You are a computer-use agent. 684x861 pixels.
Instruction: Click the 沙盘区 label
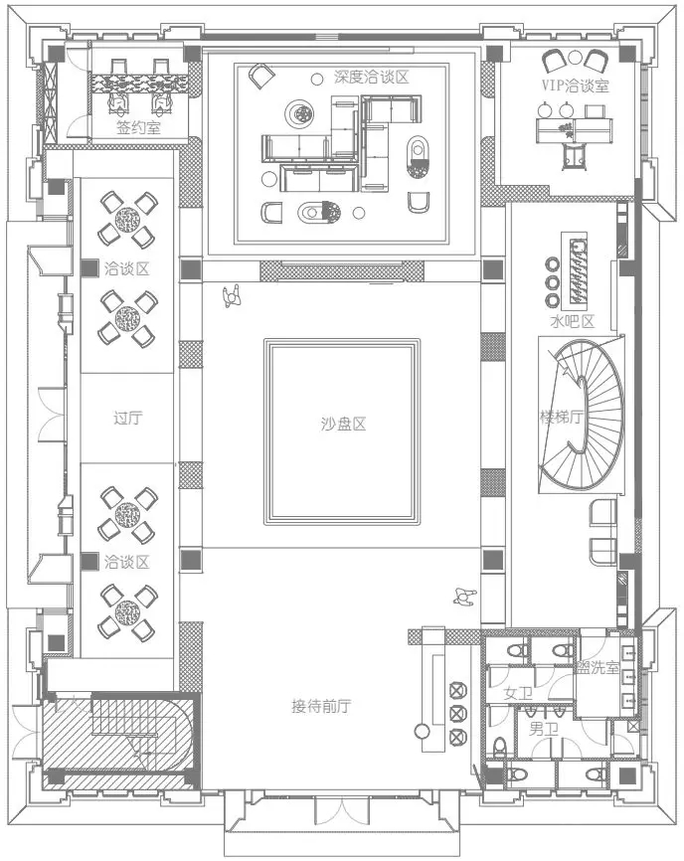tap(343, 424)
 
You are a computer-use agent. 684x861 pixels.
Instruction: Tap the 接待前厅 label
tap(321, 706)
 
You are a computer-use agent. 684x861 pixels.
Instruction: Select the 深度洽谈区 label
tap(372, 77)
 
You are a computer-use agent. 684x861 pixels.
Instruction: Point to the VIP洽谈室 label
tap(575, 86)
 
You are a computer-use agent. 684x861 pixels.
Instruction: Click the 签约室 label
tap(138, 128)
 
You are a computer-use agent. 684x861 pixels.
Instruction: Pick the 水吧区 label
tap(573, 321)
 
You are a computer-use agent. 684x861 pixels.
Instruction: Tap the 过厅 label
tap(128, 418)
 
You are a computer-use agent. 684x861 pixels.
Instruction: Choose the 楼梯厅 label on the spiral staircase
tap(561, 418)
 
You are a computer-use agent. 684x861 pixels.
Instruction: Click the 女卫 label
tap(518, 694)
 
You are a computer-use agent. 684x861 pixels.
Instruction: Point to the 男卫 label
tap(544, 729)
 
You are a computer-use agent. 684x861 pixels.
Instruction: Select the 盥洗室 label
tap(598, 668)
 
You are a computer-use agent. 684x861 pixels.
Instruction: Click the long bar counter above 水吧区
tap(576, 271)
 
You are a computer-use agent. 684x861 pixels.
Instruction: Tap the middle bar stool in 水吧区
tap(552, 282)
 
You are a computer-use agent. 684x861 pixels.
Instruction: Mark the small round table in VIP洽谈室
tap(575, 57)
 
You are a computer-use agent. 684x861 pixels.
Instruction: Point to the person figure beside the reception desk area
tap(464, 597)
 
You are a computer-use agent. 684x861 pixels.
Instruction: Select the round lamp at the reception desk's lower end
tap(423, 732)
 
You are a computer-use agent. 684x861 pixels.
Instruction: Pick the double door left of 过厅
tap(52, 414)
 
